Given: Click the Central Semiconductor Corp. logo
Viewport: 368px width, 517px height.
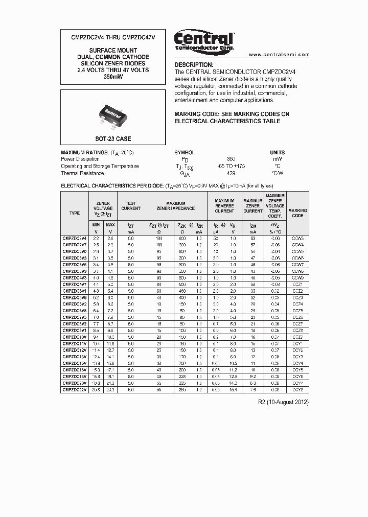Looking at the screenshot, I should tap(204, 40).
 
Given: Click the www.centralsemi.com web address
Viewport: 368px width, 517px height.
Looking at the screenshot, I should tap(279, 54).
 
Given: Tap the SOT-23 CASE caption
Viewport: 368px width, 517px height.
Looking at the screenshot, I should tap(113, 139).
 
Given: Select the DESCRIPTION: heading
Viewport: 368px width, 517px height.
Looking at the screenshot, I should tap(194, 65).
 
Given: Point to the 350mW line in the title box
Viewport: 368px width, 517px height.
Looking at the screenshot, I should tap(113, 77).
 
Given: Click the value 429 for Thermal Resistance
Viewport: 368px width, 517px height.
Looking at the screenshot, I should tap(231, 173).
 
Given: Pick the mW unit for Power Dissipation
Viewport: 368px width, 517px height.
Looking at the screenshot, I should tap(278, 159).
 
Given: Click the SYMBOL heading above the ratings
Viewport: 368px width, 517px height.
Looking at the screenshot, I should tap(185, 152).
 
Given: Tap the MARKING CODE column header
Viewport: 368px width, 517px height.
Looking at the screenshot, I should tap(297, 213).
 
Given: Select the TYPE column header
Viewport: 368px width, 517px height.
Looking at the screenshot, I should tap(75, 213).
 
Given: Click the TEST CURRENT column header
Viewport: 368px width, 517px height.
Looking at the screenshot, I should tap(131, 206).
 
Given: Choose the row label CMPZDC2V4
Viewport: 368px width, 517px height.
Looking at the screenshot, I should tap(75, 239).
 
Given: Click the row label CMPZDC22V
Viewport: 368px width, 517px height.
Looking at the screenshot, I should tap(75, 389).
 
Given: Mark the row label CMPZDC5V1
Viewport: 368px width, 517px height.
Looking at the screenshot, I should tap(75, 290).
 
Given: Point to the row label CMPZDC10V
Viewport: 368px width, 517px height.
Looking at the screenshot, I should tap(75, 337).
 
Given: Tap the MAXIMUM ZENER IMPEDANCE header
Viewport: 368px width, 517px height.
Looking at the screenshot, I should tap(175, 206).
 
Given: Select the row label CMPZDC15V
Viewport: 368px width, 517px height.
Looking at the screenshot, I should tap(75, 363).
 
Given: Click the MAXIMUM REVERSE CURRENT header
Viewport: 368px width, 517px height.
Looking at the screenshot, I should tap(224, 206).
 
